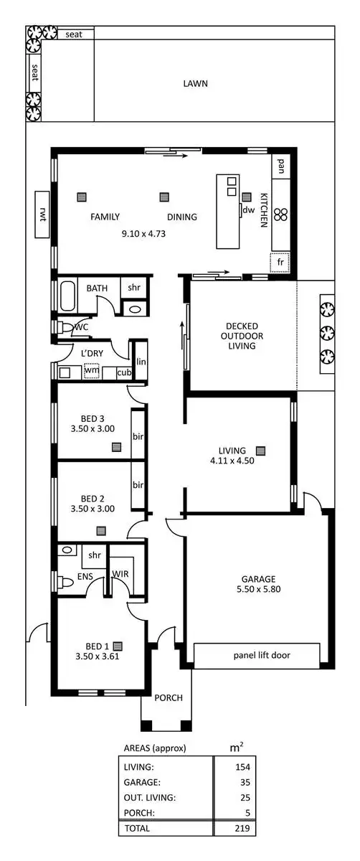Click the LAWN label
pyautogui.click(x=195, y=83)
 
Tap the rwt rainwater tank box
pyautogui.click(x=43, y=214)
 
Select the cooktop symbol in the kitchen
pyautogui.click(x=283, y=214)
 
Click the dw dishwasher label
pyautogui.click(x=249, y=210)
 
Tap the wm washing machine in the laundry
pyautogui.click(x=90, y=372)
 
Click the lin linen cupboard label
pyautogui.click(x=141, y=362)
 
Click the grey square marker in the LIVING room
pyautogui.click(x=260, y=450)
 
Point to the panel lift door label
pyautogui.click(x=256, y=655)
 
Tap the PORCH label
pyautogui.click(x=169, y=697)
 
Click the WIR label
pyautogui.click(x=120, y=573)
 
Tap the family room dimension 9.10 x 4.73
pyautogui.click(x=143, y=233)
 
